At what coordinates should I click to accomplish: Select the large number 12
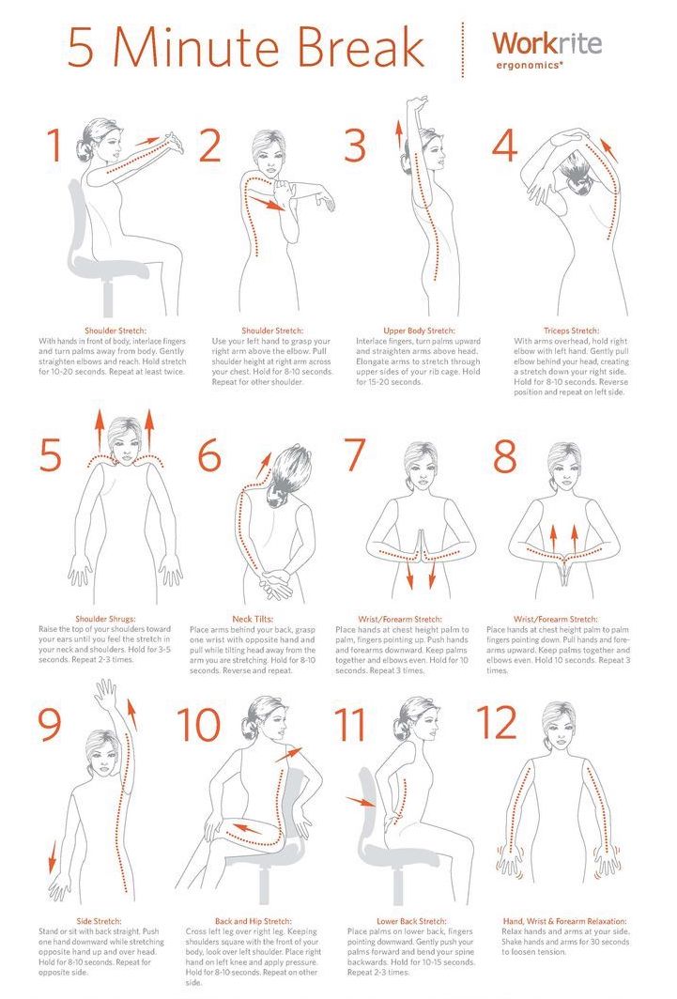click(x=497, y=723)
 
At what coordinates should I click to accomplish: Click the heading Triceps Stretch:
click(x=571, y=330)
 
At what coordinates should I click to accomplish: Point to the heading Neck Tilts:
click(x=253, y=619)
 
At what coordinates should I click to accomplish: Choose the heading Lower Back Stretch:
click(x=411, y=921)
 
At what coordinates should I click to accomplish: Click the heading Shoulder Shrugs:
click(x=105, y=619)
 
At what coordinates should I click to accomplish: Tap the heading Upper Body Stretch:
click(x=419, y=330)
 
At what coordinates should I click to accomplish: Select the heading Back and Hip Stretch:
click(x=253, y=921)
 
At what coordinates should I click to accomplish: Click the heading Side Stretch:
click(x=99, y=921)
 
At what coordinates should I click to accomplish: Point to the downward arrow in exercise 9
click(x=53, y=856)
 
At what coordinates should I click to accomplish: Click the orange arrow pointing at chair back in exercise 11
click(x=360, y=800)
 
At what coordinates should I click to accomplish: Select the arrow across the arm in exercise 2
click(x=267, y=204)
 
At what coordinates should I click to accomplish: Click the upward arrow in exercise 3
click(x=399, y=133)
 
